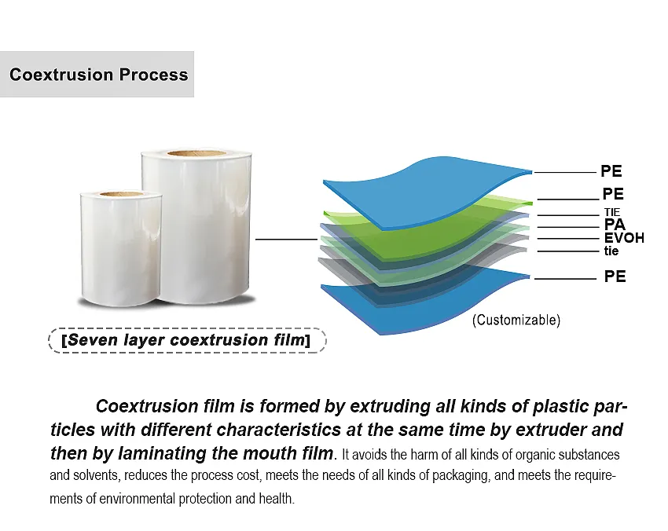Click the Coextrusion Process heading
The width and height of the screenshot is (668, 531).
[x=98, y=75]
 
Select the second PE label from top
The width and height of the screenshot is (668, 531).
[x=613, y=194]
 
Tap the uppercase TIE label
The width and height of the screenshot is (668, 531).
[x=612, y=212]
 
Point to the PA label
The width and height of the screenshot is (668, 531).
[x=615, y=225]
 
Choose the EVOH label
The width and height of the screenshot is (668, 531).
[x=624, y=238]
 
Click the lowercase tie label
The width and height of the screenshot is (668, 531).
[x=611, y=251]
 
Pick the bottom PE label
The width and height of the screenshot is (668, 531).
[x=615, y=276]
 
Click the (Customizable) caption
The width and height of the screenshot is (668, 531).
[x=516, y=320]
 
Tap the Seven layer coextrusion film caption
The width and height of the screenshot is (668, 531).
[x=185, y=340]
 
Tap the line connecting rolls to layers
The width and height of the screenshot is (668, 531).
[x=286, y=239]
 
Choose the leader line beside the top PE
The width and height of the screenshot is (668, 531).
[x=564, y=172]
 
